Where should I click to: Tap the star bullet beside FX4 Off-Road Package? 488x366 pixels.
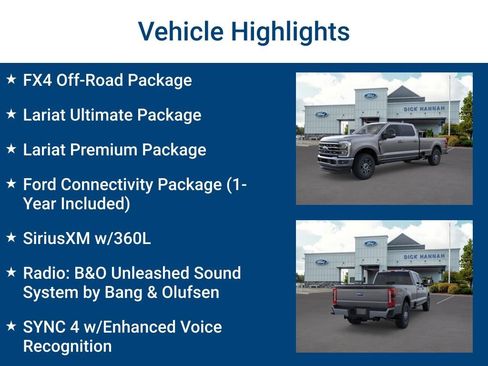[x=11, y=80]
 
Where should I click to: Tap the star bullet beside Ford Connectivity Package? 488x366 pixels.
[x=11, y=185]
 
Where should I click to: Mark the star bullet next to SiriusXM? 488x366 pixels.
[x=11, y=239]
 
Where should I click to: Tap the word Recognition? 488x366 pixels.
[x=67, y=346]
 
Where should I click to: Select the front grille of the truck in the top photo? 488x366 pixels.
[x=330, y=151]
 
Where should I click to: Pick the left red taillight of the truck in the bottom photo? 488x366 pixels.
[x=337, y=298]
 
